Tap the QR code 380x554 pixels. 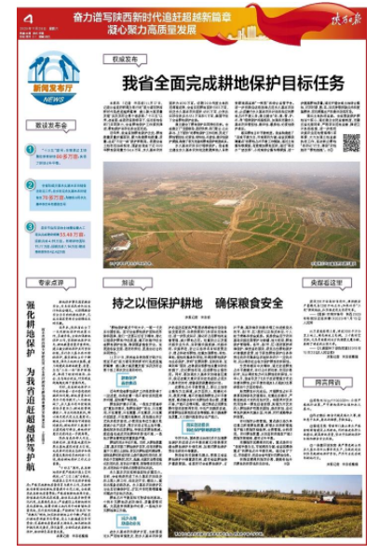(x=350, y=142)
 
